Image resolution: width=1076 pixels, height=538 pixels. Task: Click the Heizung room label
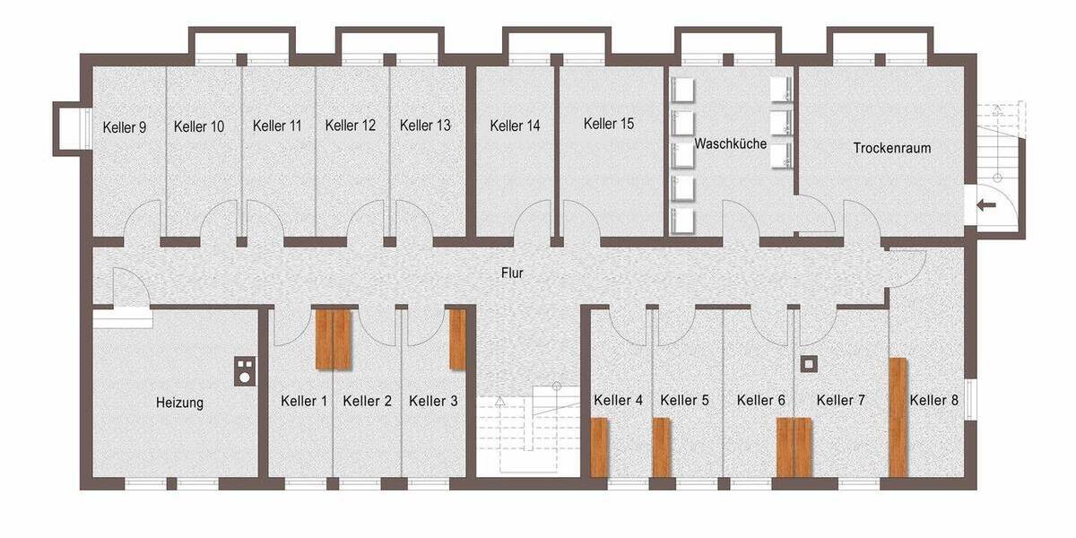[x=179, y=403]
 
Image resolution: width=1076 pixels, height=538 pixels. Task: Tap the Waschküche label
[x=730, y=143]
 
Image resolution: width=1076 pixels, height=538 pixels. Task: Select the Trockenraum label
[x=891, y=149]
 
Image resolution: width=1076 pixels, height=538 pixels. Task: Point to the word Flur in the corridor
[x=512, y=273]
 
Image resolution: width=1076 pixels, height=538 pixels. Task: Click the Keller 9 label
[x=125, y=126]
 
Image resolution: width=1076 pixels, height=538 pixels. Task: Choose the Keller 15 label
[x=608, y=124]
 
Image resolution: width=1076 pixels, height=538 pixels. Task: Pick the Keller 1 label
[x=304, y=401]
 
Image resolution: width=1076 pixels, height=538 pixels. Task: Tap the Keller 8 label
[x=933, y=400]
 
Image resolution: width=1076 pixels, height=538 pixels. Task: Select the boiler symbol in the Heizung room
[x=244, y=370]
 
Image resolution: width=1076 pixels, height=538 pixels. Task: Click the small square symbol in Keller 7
[x=810, y=364]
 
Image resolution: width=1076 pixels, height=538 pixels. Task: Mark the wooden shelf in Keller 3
[x=458, y=339]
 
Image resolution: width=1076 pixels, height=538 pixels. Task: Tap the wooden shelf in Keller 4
[x=600, y=447]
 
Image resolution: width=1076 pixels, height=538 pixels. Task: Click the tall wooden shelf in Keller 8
[x=898, y=417]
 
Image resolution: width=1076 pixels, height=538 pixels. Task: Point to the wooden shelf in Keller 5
[x=662, y=447]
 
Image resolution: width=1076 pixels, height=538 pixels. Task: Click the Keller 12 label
[x=350, y=126]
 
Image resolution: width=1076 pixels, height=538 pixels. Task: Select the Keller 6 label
[x=761, y=400]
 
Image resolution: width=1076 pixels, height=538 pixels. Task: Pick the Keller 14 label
[x=515, y=126]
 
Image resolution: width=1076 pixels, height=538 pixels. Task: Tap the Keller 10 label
[x=199, y=126]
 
